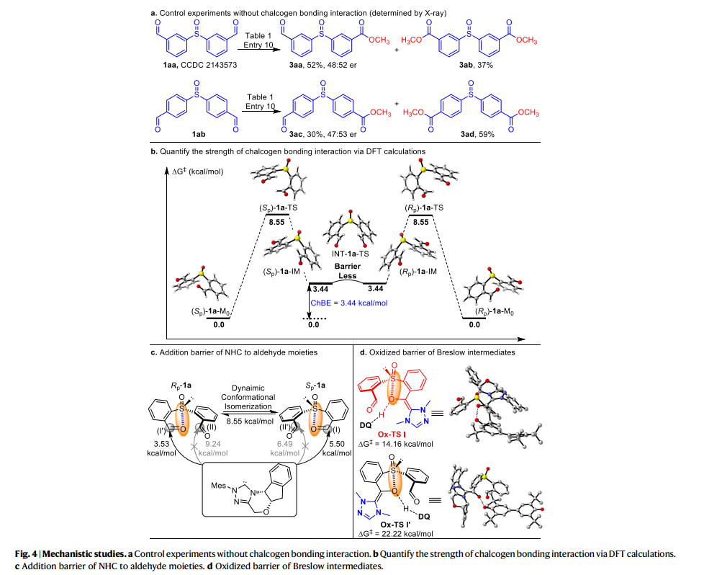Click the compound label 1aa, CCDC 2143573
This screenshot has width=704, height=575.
click(x=191, y=64)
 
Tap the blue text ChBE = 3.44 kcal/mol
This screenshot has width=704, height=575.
click(x=348, y=303)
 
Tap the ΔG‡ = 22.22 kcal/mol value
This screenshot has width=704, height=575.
click(x=394, y=534)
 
